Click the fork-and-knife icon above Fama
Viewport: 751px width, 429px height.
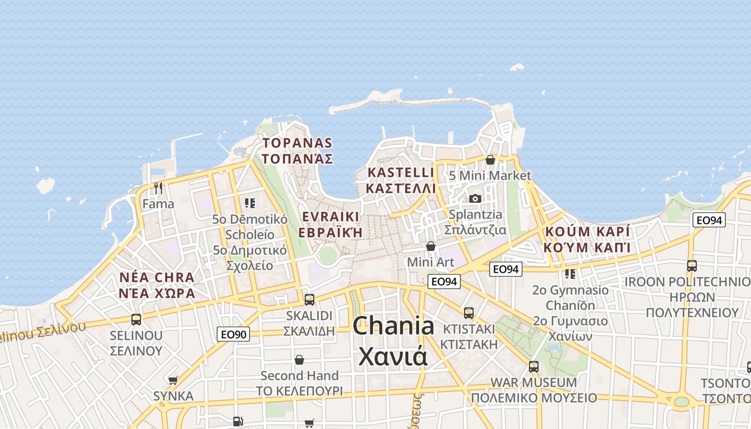tap(158, 188)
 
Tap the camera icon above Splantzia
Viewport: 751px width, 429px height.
tap(475, 198)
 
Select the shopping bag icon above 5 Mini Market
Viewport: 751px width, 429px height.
tap(490, 160)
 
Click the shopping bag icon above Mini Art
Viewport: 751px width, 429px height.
tap(430, 246)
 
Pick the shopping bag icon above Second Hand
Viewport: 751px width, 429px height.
tap(299, 359)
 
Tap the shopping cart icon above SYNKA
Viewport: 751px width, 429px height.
tap(173, 380)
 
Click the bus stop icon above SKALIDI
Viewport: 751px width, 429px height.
tap(310, 299)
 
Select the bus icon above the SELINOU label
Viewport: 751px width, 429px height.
tap(136, 319)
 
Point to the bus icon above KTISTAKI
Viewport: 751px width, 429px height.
tap(469, 313)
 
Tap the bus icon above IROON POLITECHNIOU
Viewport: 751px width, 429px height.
tap(692, 265)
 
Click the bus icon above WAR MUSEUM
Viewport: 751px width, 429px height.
tap(534, 367)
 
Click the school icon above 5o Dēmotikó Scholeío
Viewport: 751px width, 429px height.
tap(249, 203)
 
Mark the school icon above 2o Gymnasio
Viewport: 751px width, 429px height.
tap(570, 274)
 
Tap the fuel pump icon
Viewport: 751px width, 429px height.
tap(238, 421)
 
